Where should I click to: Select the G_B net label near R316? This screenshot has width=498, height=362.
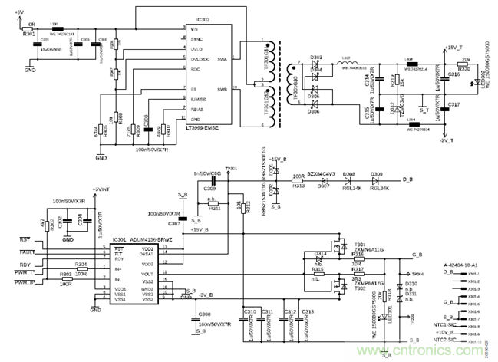tap(417, 254)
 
